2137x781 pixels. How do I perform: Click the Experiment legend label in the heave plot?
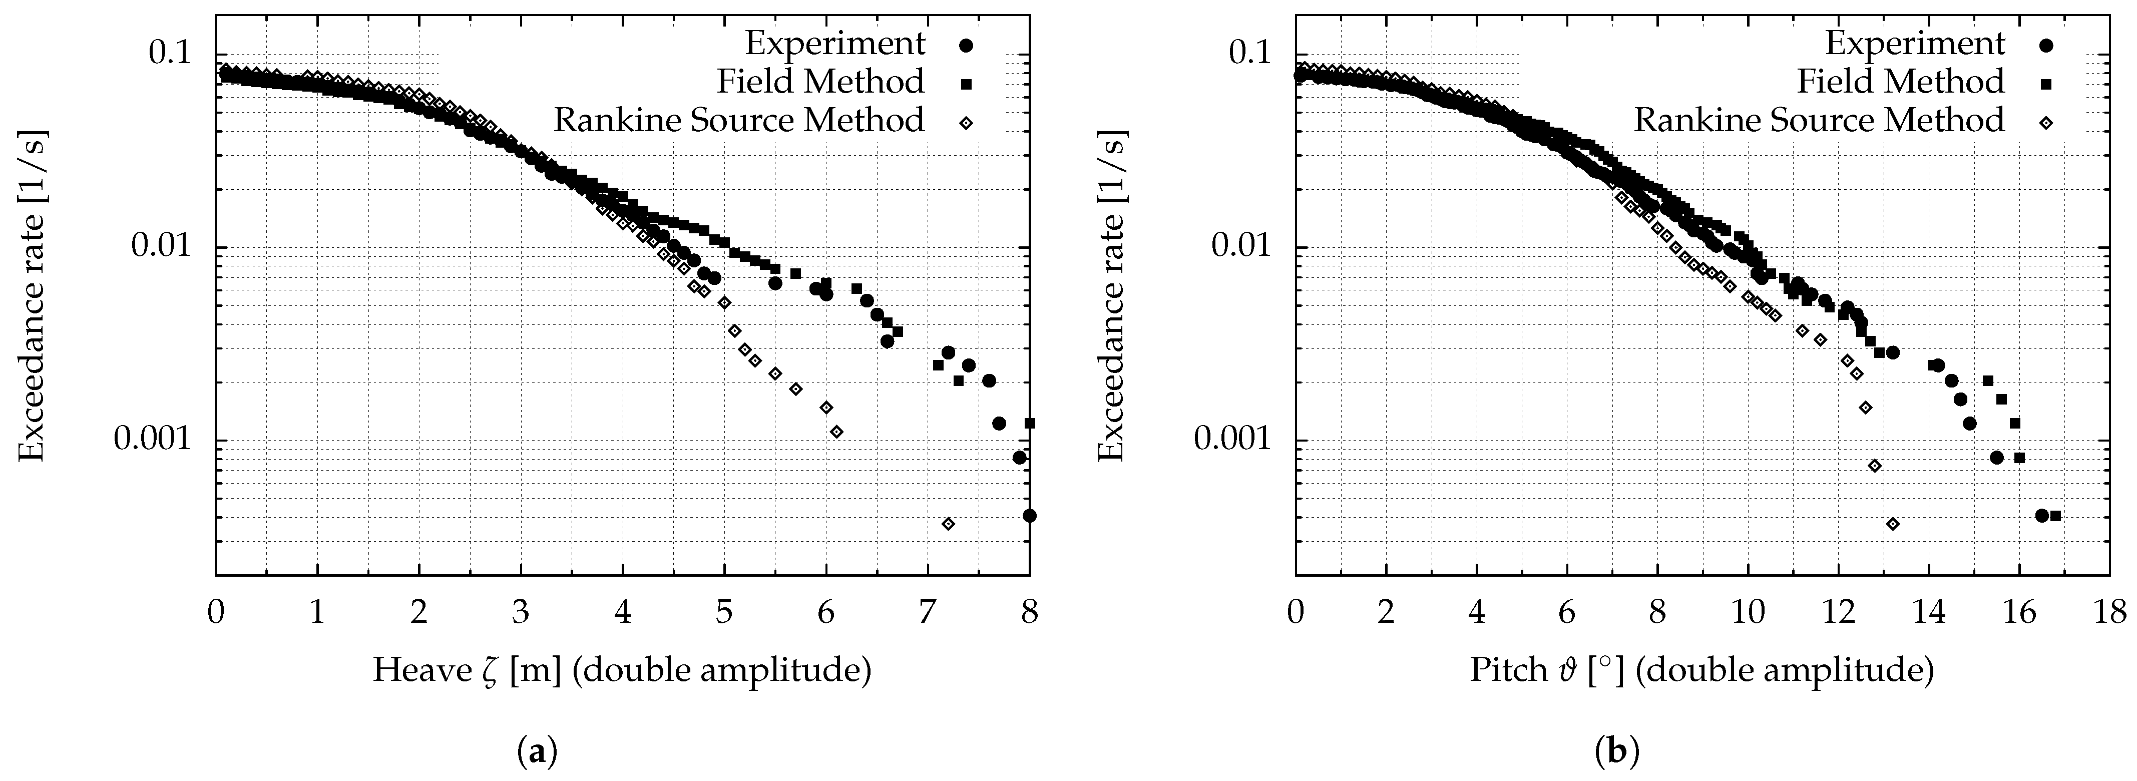pos(834,43)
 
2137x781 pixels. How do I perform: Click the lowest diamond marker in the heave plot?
pos(948,524)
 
